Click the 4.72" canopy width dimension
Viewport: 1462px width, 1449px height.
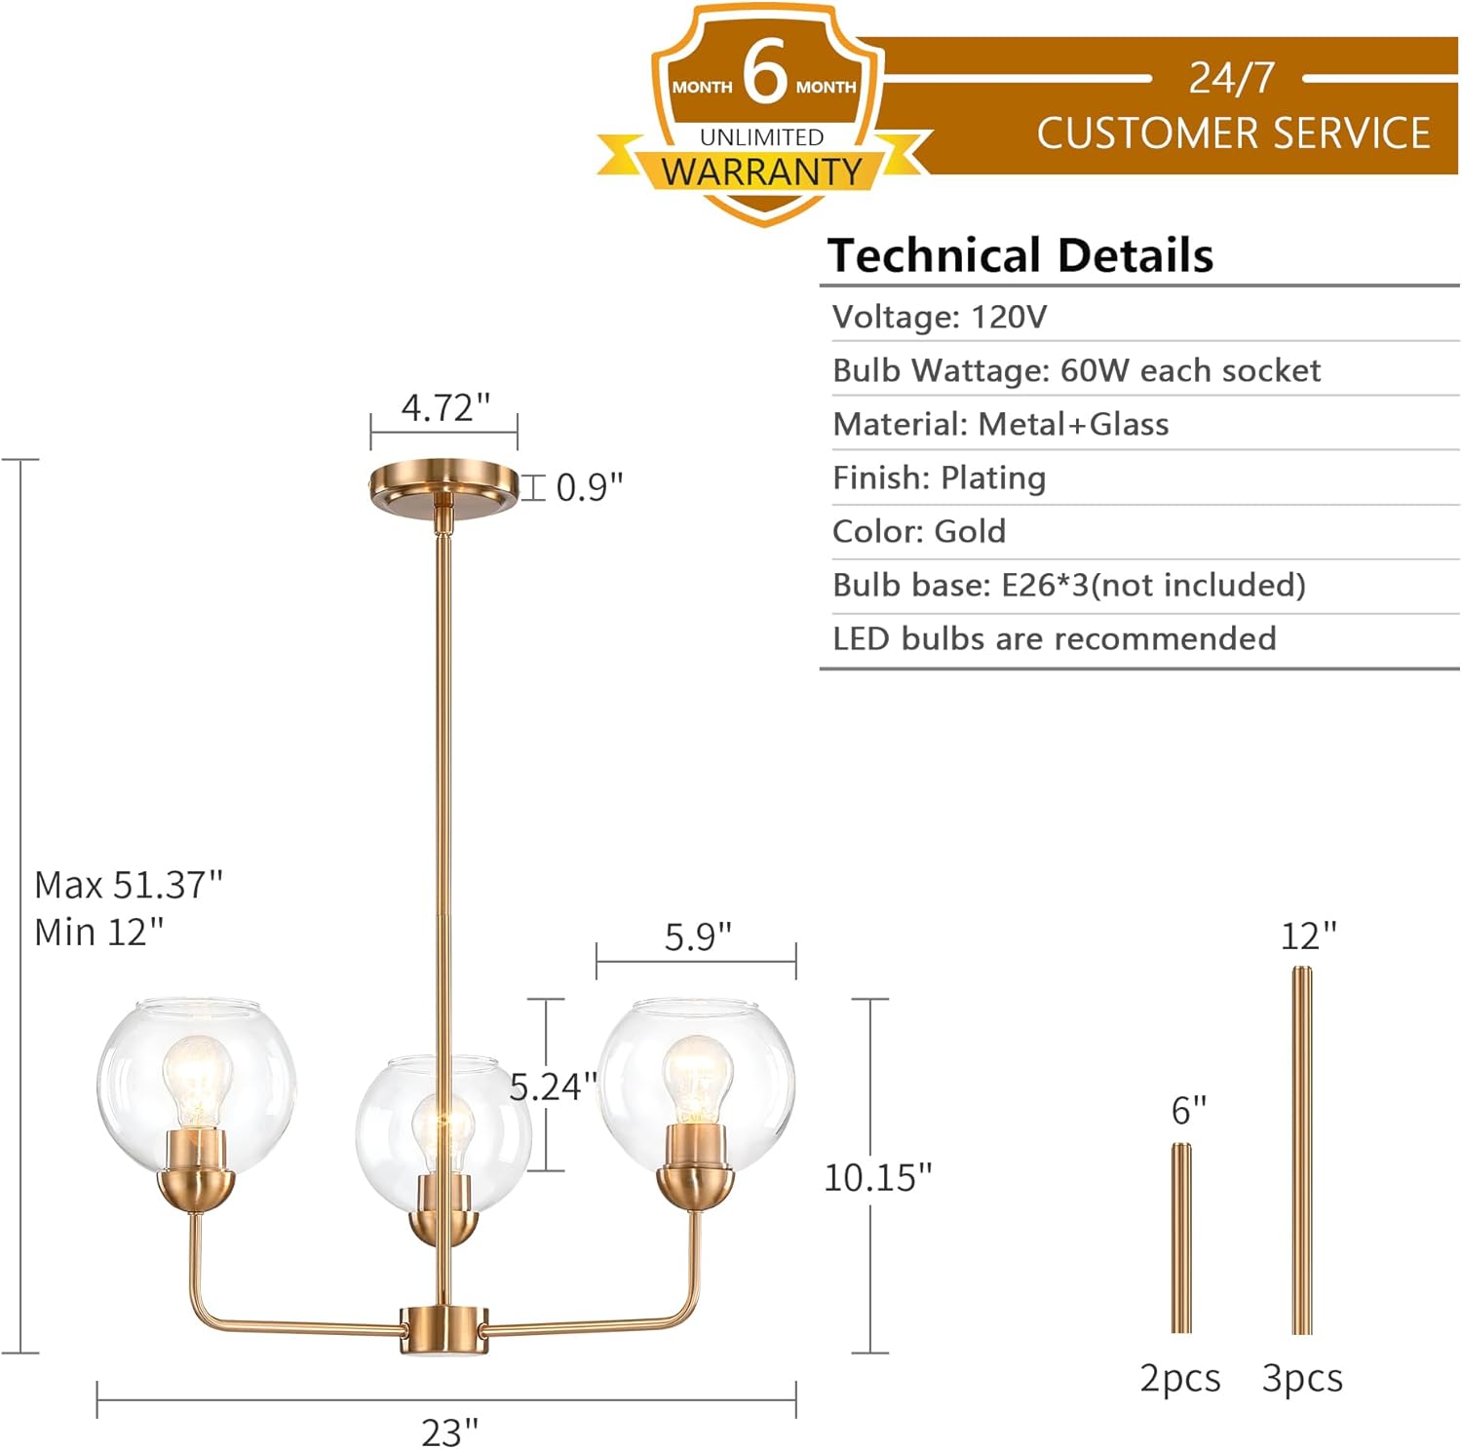[445, 407]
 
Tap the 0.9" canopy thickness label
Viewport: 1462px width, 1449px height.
[589, 487]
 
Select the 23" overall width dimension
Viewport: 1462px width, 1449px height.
[450, 1431]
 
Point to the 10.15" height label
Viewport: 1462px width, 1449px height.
[877, 1177]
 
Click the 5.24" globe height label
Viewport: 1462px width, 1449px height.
[553, 1086]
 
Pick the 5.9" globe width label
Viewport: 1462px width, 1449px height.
[698, 937]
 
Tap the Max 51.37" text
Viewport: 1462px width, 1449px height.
[129, 885]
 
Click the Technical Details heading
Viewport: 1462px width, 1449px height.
[1020, 255]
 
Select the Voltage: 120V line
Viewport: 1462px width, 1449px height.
[940, 317]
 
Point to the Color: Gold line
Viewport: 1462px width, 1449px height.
[918, 531]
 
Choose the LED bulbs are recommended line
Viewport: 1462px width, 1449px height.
[1054, 638]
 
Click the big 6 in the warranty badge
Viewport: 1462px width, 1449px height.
[765, 72]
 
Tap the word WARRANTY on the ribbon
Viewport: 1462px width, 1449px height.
[761, 172]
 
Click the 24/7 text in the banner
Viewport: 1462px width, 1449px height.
[1231, 78]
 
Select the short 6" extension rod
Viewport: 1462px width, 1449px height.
[1180, 1238]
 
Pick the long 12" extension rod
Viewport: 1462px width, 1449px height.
[1302, 1150]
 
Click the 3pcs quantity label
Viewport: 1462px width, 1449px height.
[1302, 1378]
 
